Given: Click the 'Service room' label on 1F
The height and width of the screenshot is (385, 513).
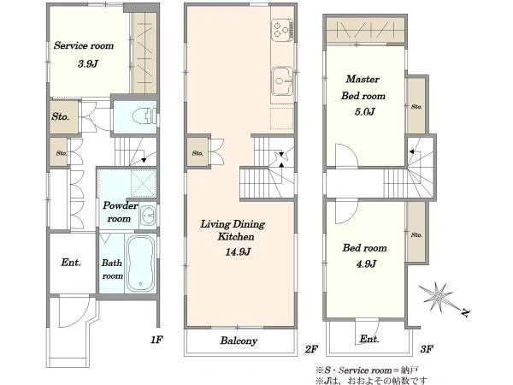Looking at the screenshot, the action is pyautogui.click(x=84, y=45).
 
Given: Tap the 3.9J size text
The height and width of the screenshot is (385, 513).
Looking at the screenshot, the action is pyautogui.click(x=88, y=63).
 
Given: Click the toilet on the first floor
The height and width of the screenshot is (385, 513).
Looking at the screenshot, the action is pyautogui.click(x=144, y=115).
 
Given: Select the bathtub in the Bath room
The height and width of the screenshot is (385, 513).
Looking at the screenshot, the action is pyautogui.click(x=141, y=264).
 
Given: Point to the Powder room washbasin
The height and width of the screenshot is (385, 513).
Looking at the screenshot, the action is pyautogui.click(x=148, y=216).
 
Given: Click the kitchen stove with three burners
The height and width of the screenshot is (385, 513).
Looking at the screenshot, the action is pyautogui.click(x=282, y=30).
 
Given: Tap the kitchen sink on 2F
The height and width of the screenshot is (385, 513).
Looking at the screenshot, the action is pyautogui.click(x=281, y=81).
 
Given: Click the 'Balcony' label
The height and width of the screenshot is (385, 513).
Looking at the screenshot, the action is pyautogui.click(x=239, y=341).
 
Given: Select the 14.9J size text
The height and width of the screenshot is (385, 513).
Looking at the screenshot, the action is pyautogui.click(x=238, y=252).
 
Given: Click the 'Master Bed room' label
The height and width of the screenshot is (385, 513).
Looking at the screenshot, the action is pyautogui.click(x=363, y=87).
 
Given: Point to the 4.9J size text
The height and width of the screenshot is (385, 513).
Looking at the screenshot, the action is pyautogui.click(x=366, y=264).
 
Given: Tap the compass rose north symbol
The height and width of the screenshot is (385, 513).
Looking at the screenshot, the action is pyautogui.click(x=439, y=297).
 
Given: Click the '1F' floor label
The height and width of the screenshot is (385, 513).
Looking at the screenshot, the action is pyautogui.click(x=156, y=340).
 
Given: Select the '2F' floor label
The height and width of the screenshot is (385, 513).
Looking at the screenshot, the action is pyautogui.click(x=311, y=349).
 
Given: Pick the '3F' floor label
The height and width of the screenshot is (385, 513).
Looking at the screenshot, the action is pyautogui.click(x=427, y=349).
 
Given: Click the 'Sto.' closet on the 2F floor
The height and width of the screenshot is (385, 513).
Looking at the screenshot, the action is pyautogui.click(x=198, y=153).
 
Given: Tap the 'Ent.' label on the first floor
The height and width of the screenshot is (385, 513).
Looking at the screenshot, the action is pyautogui.click(x=71, y=263).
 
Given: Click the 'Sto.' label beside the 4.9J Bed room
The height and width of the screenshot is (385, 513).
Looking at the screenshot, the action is pyautogui.click(x=416, y=234).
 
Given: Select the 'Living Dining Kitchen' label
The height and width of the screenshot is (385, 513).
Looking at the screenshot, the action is pyautogui.click(x=233, y=230).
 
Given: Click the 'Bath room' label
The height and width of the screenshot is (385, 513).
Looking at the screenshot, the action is pyautogui.click(x=112, y=269).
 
